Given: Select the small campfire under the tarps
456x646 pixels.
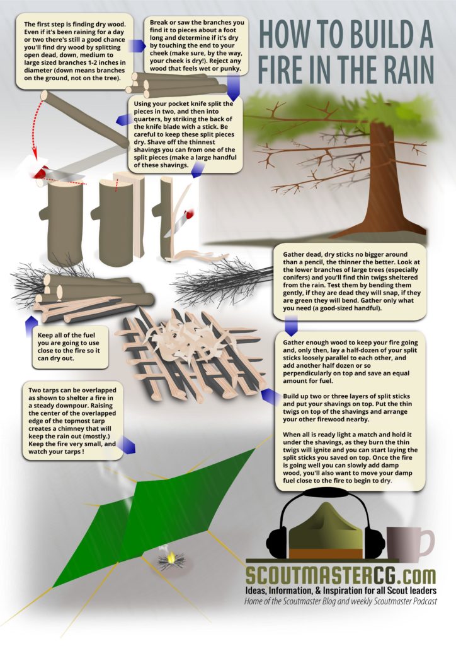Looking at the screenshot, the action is [171, 560].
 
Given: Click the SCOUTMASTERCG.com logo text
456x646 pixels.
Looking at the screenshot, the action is [341, 574].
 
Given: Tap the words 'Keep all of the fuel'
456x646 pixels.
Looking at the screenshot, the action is [68, 335].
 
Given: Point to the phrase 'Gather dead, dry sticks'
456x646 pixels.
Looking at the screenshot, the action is [317, 255].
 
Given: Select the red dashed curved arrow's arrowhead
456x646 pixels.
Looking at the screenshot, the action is [35, 156].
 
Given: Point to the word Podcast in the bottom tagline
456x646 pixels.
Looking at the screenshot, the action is [423, 601].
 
